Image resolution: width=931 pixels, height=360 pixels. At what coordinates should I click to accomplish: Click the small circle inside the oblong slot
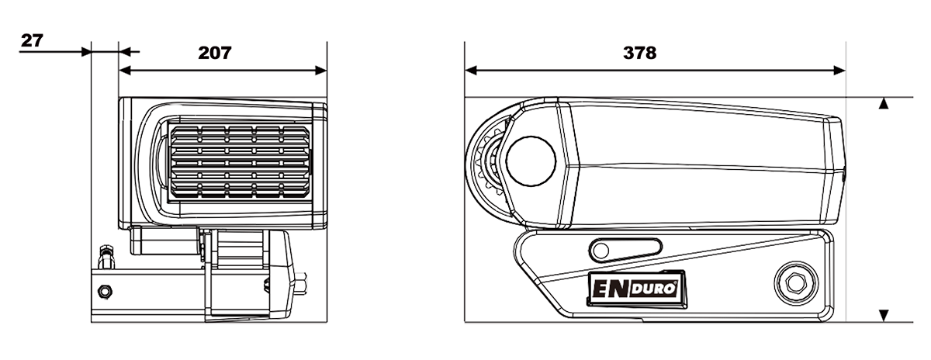point(602,248)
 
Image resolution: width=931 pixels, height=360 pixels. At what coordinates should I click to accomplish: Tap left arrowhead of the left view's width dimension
point(126,71)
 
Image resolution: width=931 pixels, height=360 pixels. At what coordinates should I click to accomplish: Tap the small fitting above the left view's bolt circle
point(106,254)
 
